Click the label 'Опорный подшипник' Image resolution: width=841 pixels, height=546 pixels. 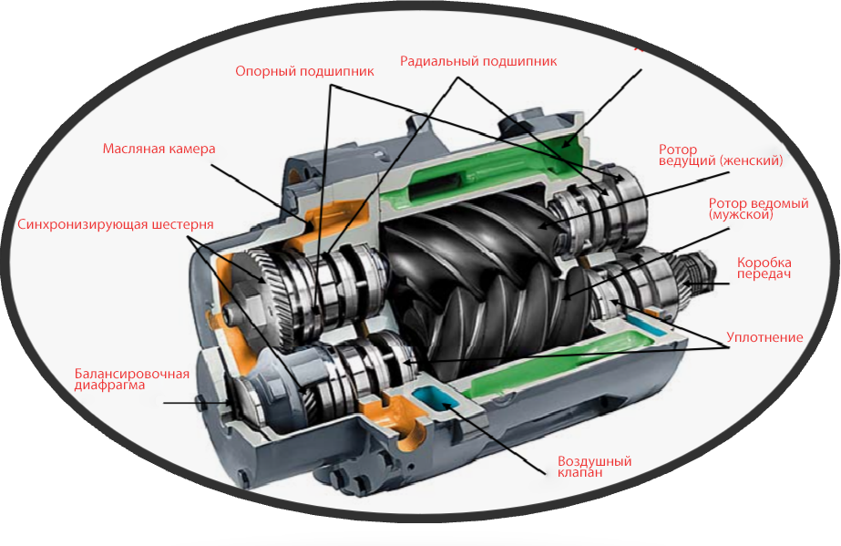click(x=304, y=71)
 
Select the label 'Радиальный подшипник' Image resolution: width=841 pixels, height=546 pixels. click(x=478, y=61)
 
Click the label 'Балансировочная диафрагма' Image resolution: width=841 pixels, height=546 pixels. click(x=131, y=379)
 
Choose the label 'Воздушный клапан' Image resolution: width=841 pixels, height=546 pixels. click(x=594, y=468)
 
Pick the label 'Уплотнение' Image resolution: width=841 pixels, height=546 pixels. click(x=764, y=337)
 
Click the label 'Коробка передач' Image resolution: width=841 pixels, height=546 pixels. click(x=764, y=267)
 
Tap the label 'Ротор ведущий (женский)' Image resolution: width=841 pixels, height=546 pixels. click(x=720, y=155)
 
